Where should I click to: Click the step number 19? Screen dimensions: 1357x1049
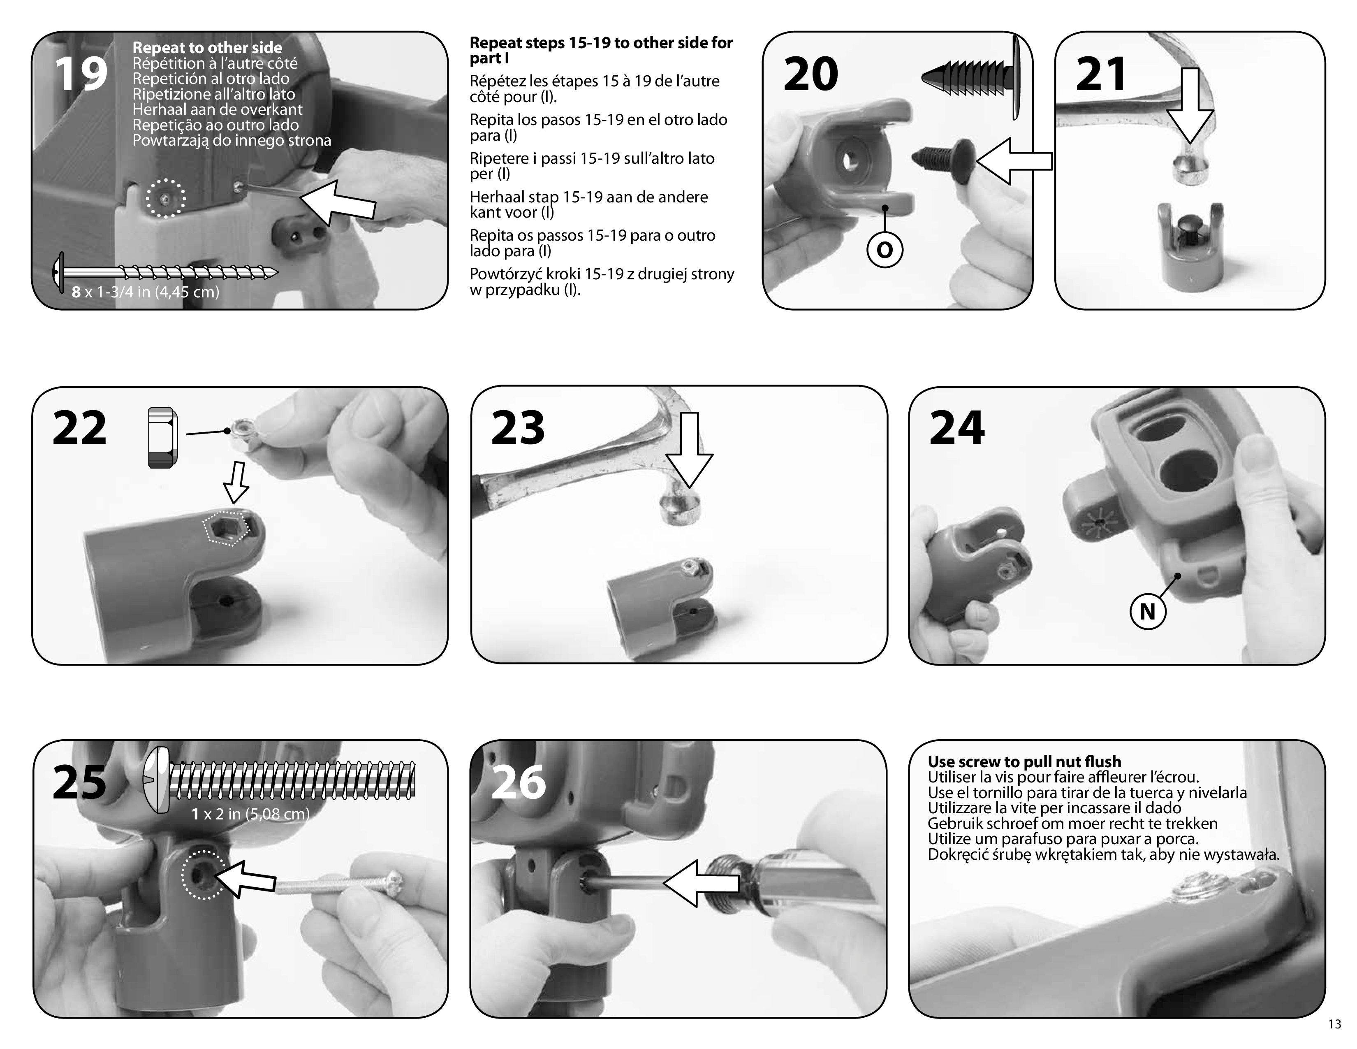(x=81, y=74)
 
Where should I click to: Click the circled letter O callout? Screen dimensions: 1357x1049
(x=884, y=250)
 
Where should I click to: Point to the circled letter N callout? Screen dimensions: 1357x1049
(x=1147, y=611)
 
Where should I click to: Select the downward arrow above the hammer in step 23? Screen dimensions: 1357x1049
(x=689, y=450)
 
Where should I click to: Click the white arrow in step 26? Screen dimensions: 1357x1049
(x=701, y=882)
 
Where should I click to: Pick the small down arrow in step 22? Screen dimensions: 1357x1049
(x=237, y=482)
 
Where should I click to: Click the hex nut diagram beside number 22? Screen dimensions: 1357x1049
(x=163, y=438)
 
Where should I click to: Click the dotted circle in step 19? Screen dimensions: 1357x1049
(x=165, y=198)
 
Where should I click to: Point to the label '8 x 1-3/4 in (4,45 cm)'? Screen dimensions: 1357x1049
(x=146, y=292)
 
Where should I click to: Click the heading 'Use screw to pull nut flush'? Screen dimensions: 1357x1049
(x=1025, y=762)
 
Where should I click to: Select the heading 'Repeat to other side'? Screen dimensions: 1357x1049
(x=207, y=48)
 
